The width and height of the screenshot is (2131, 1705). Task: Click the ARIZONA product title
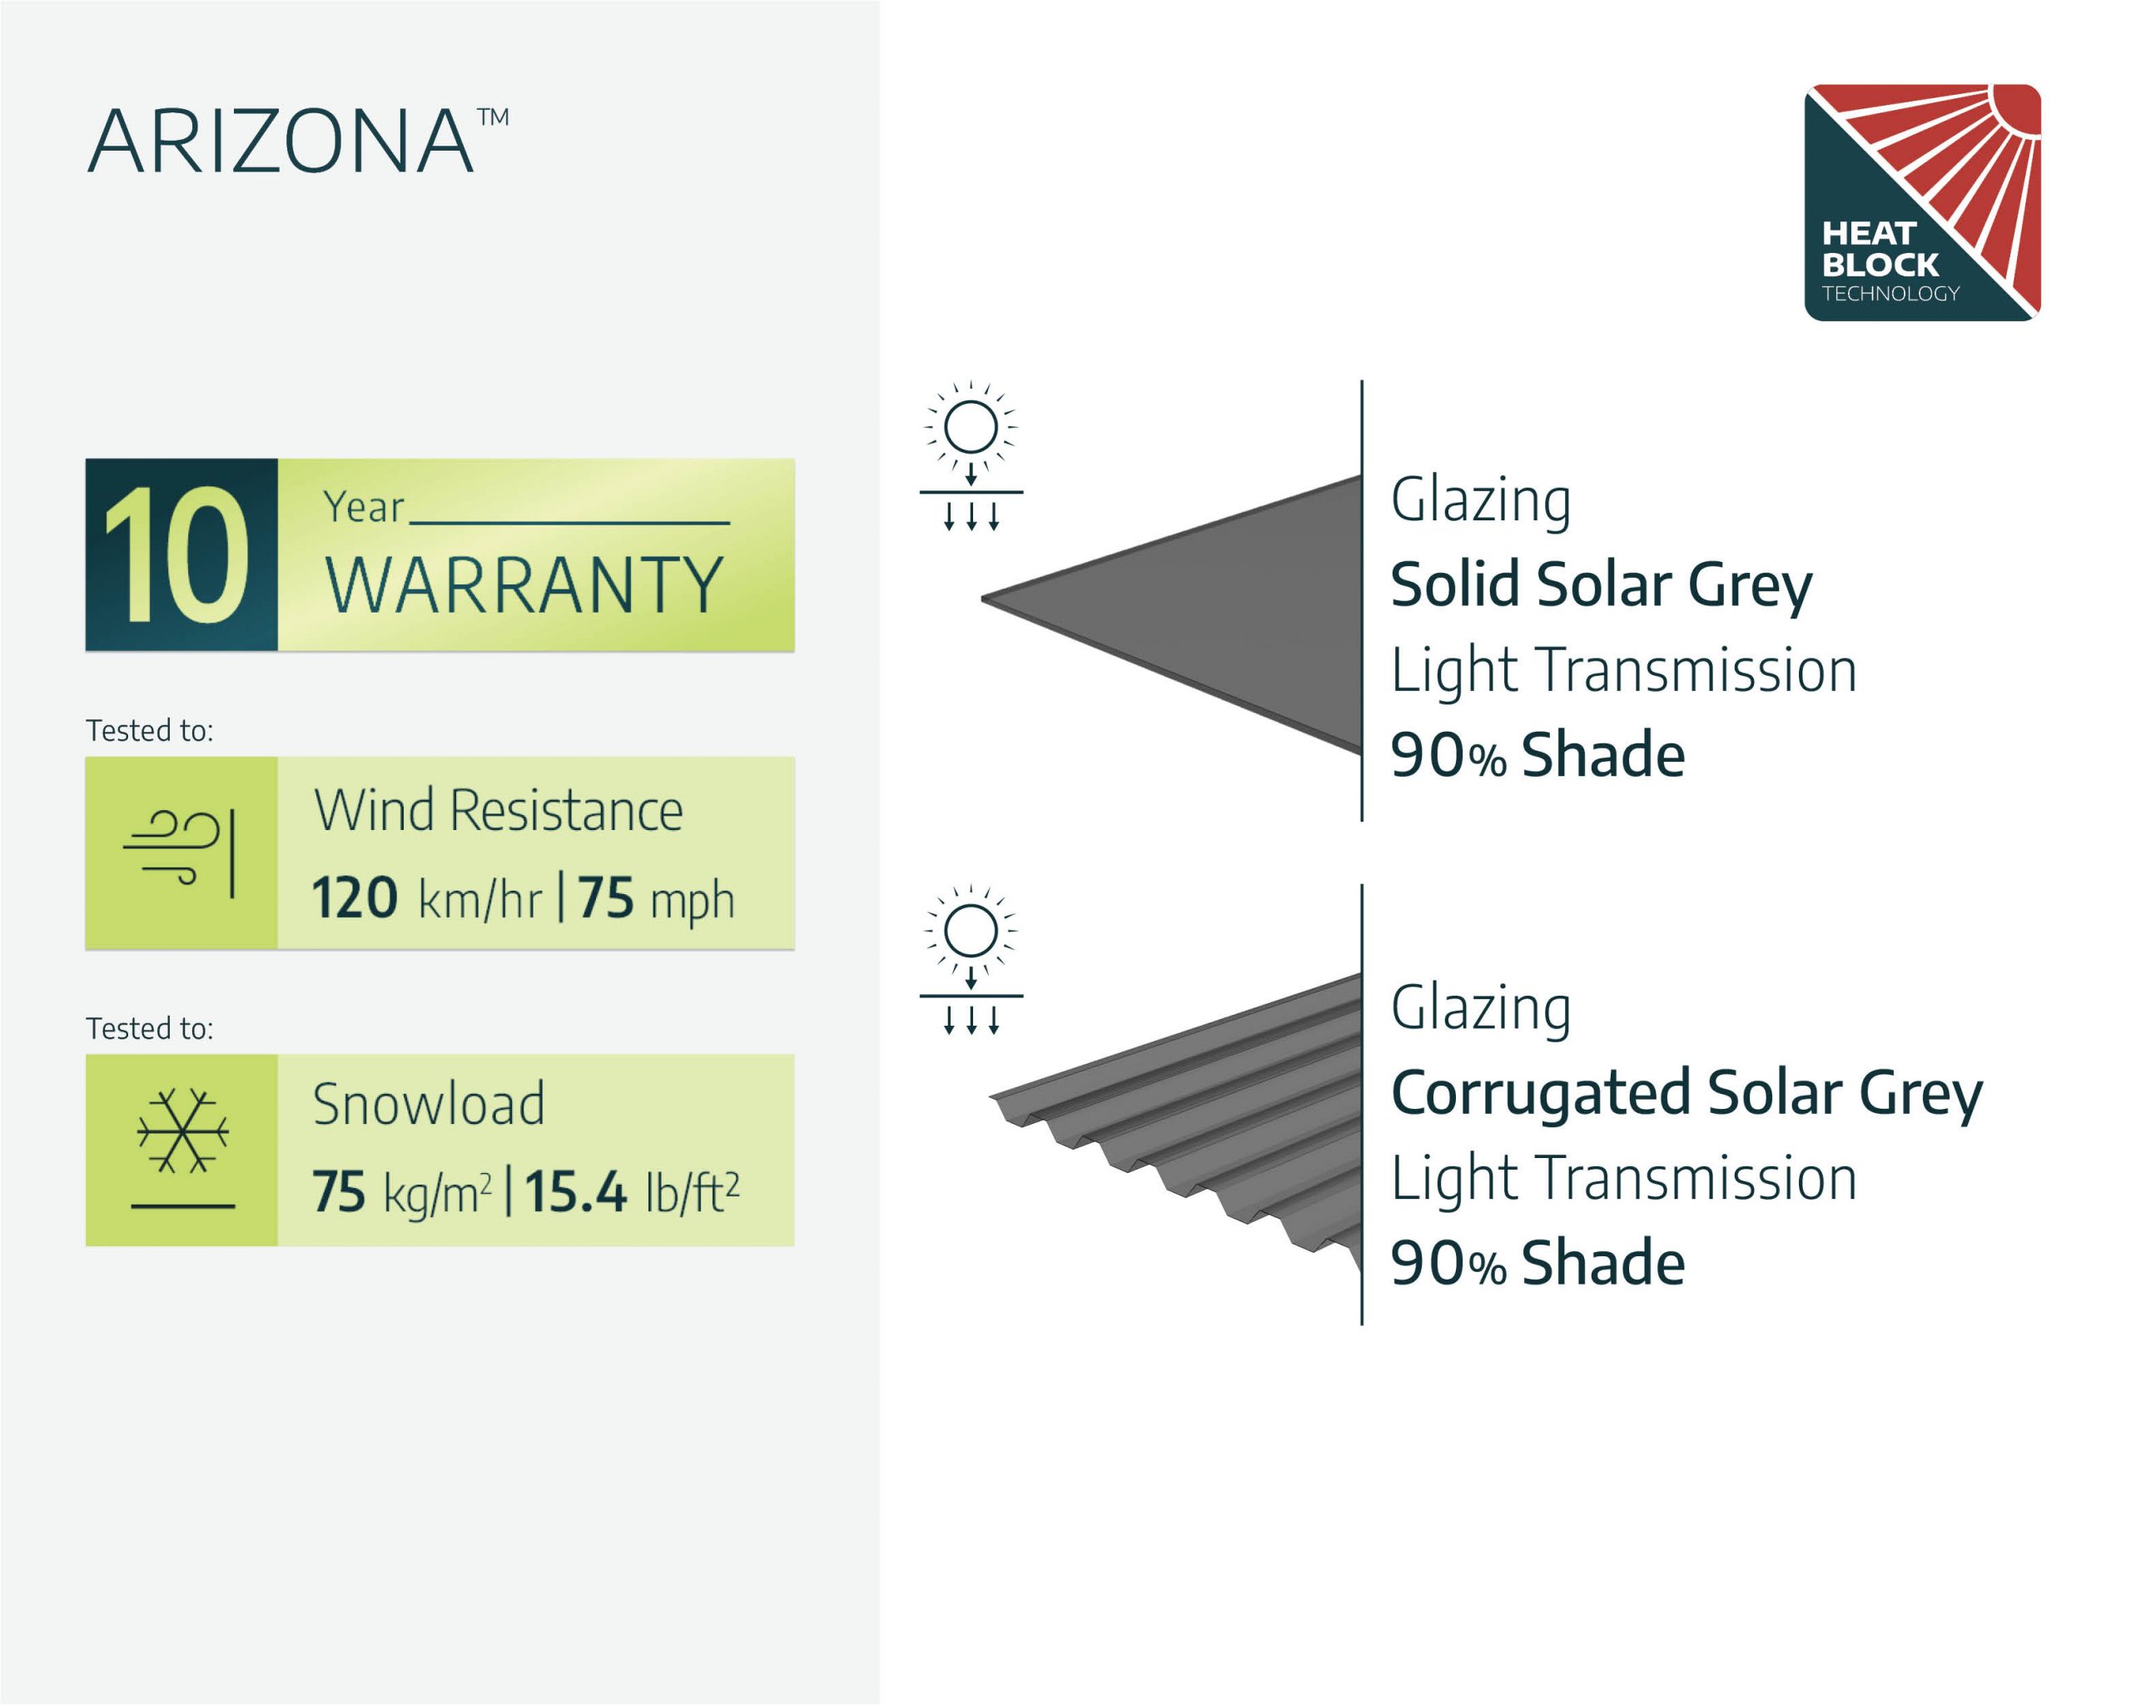pyautogui.click(x=296, y=141)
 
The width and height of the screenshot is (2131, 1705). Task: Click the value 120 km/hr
pyautogui.click(x=427, y=898)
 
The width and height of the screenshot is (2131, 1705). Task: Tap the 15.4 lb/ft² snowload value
pyautogui.click(x=632, y=1191)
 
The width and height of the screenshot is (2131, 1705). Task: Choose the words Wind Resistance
pyautogui.click(x=498, y=812)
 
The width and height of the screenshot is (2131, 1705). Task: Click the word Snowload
pyautogui.click(x=428, y=1104)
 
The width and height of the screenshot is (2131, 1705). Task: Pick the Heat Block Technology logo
pyautogui.click(x=1922, y=202)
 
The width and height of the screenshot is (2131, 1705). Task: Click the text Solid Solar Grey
pyautogui.click(x=1602, y=585)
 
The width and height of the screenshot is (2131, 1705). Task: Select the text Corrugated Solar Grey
pyautogui.click(x=1686, y=1094)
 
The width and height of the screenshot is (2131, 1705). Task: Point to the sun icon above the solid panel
pyautogui.click(x=971, y=455)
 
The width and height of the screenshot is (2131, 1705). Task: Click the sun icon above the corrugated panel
pyautogui.click(x=971, y=960)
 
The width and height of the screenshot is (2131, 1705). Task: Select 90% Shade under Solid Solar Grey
pyautogui.click(x=1537, y=756)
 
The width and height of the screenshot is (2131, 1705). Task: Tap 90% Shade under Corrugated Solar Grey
pyautogui.click(x=1537, y=1264)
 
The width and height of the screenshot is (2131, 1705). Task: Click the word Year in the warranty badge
pyautogui.click(x=364, y=508)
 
